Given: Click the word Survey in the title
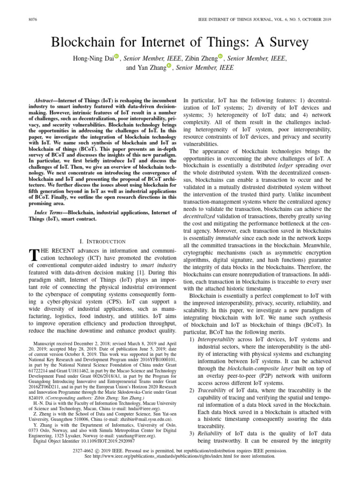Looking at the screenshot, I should pyautogui.click(x=287, y=43).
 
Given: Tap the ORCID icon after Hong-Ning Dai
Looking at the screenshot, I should pyautogui.click(x=117, y=57).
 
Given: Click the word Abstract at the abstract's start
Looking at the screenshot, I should pyautogui.click(x=46, y=101).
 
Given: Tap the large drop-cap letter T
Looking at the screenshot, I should pyautogui.click(x=33, y=255).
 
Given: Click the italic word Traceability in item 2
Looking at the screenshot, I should pyautogui.click(x=213, y=390).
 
